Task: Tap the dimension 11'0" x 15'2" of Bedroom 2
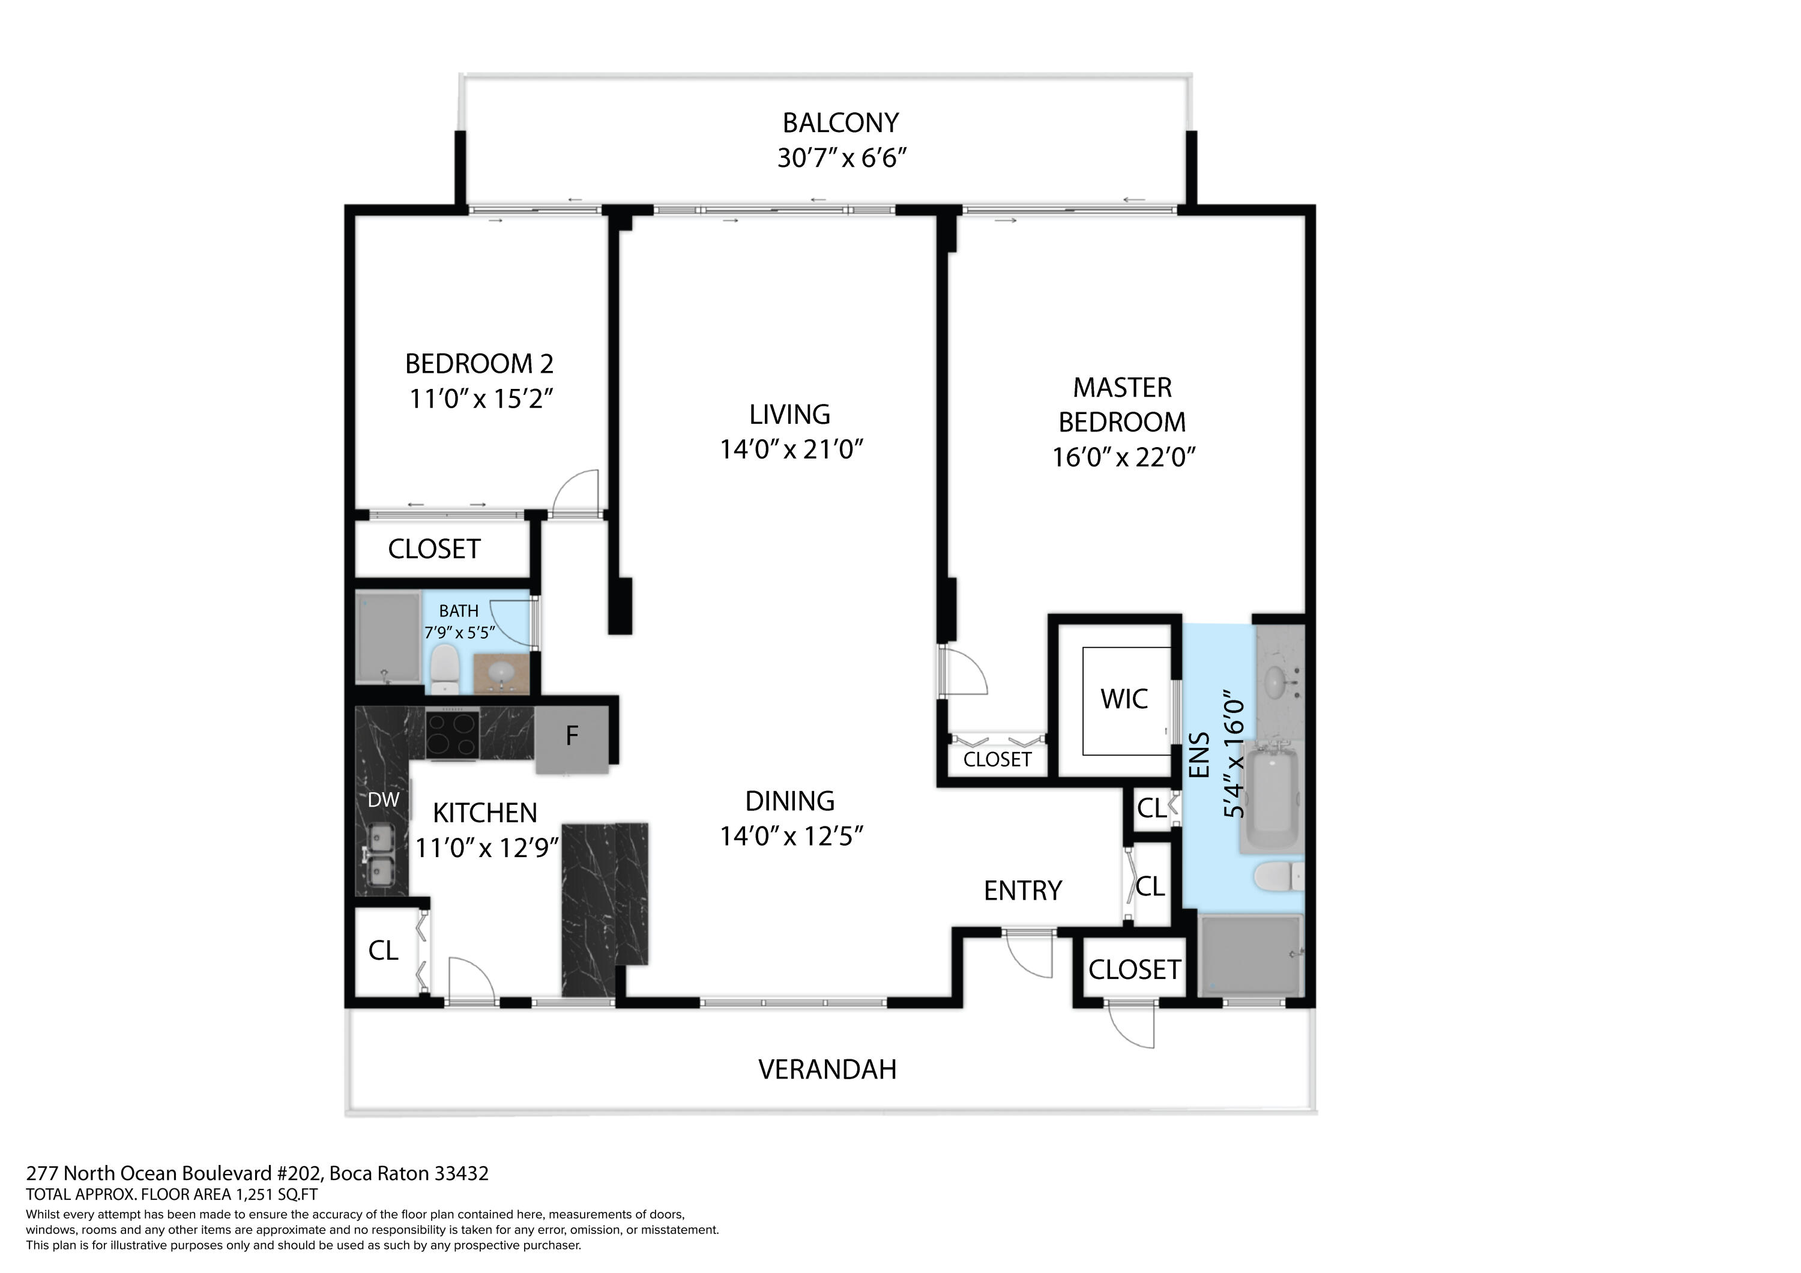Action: point(480,399)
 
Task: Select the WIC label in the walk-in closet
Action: point(1123,699)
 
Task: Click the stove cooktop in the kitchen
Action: point(453,733)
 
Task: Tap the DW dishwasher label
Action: point(383,800)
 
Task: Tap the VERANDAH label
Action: point(827,1070)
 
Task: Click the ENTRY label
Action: point(1022,891)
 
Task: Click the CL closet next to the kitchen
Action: point(383,951)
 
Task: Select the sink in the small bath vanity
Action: point(501,672)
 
